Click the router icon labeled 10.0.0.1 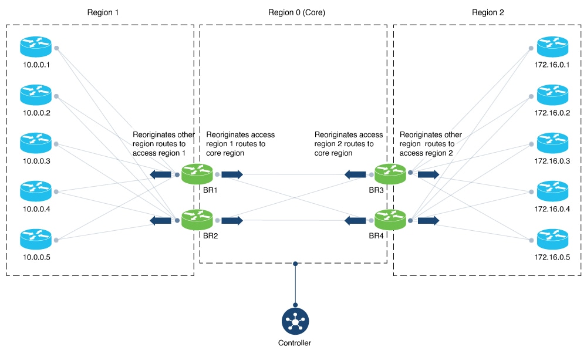(x=36, y=46)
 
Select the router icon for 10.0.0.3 (x=36, y=142)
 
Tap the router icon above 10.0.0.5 (x=36, y=238)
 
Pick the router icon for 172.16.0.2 (x=552, y=94)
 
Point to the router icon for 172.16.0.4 (x=552, y=190)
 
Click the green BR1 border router (x=197, y=174)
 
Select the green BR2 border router (x=197, y=220)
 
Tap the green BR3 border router (x=390, y=174)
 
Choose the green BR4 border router (x=390, y=220)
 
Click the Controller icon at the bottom (x=295, y=321)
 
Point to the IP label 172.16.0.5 (x=552, y=257)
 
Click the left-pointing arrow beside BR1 (x=161, y=174)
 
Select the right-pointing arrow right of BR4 (x=428, y=220)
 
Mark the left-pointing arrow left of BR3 (x=355, y=174)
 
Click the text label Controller (x=295, y=343)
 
